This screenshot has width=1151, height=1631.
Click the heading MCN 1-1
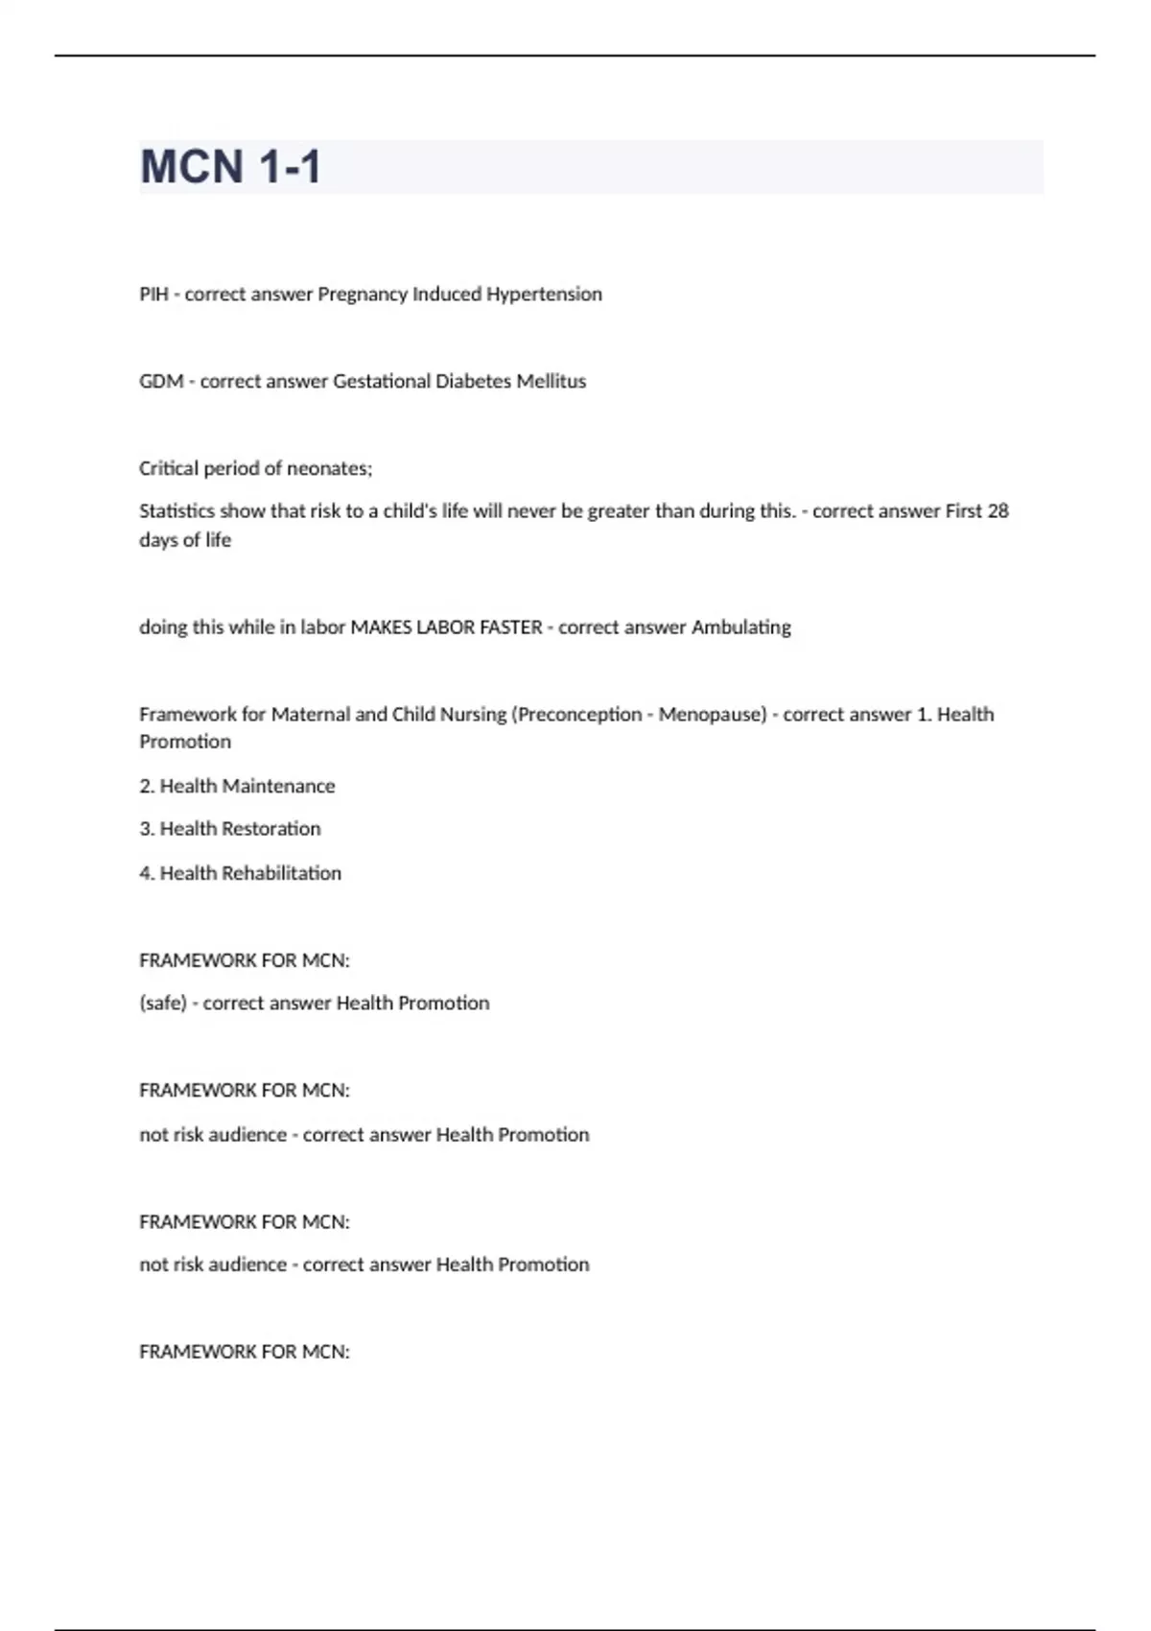(230, 167)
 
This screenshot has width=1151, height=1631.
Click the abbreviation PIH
(153, 295)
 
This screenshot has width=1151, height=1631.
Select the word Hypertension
(544, 295)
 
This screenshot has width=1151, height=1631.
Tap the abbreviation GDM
(161, 382)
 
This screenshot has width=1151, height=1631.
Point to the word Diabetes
(473, 382)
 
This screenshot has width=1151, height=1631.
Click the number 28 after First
(998, 511)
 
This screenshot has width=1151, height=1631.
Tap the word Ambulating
(741, 627)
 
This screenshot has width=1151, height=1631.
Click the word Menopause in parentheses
(711, 715)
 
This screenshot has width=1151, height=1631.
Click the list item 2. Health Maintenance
(237, 787)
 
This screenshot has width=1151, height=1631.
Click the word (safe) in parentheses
(163, 1004)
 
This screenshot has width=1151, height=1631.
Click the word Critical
(169, 469)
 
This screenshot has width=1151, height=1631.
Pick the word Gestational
(382, 382)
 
